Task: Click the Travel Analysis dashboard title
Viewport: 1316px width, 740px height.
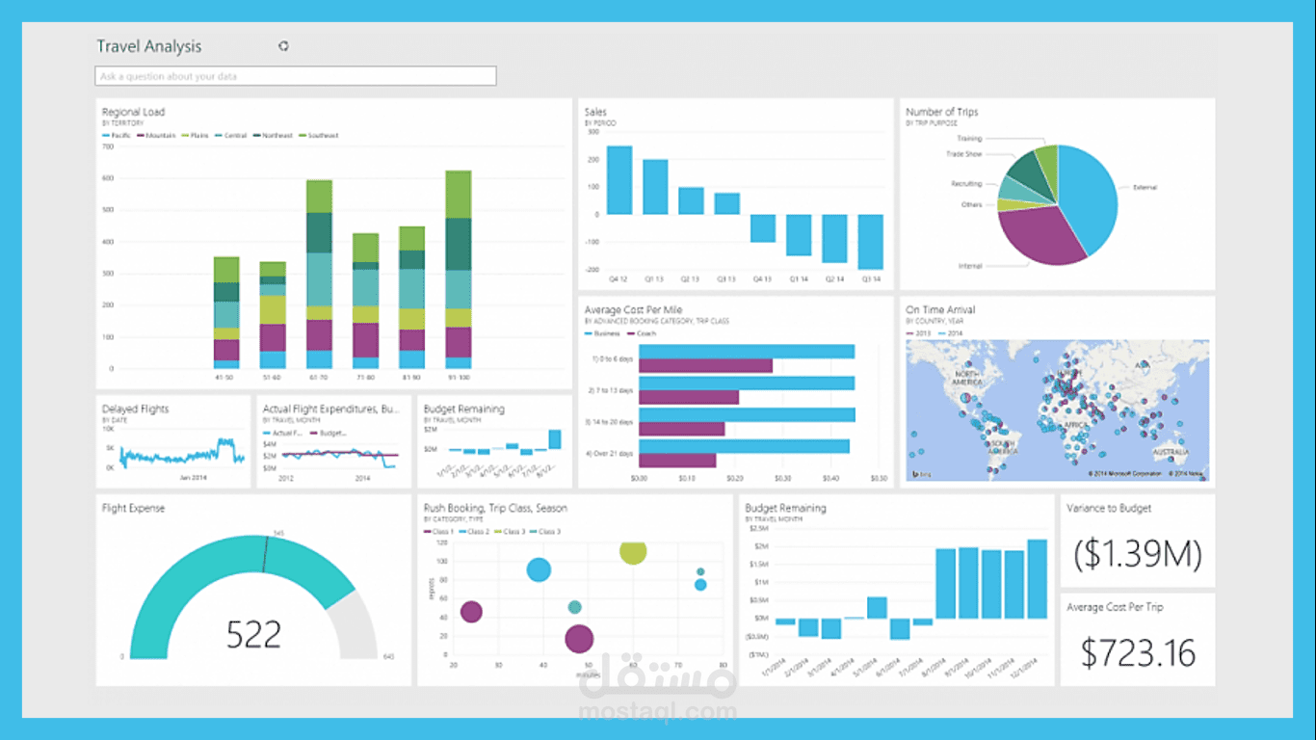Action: (x=149, y=46)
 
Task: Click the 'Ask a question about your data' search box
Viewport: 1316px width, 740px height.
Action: (x=296, y=76)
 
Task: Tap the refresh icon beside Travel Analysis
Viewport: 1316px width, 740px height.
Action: (x=283, y=45)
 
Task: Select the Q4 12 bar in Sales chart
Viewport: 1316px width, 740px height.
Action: (x=619, y=180)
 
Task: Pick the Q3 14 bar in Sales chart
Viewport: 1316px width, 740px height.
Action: (x=871, y=242)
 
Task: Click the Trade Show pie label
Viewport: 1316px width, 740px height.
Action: (x=963, y=154)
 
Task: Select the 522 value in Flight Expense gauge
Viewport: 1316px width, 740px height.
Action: (x=254, y=634)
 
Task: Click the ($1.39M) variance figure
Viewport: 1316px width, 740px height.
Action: (x=1138, y=553)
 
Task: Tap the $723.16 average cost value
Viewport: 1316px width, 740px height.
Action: (x=1138, y=652)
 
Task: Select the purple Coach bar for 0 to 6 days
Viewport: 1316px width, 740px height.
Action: (x=705, y=366)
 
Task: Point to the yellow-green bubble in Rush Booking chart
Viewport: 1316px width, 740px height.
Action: (x=633, y=551)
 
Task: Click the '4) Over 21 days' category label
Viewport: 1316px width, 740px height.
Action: (x=609, y=453)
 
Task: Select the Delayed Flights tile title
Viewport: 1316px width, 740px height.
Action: (x=135, y=410)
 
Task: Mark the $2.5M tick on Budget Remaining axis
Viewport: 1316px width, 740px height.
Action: (x=759, y=528)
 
